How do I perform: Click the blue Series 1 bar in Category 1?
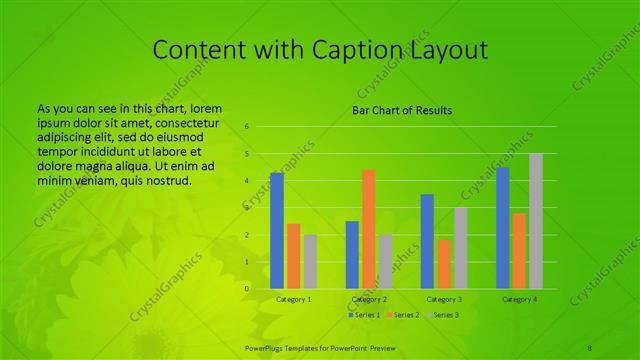(x=277, y=230)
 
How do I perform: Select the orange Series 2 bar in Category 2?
(x=369, y=229)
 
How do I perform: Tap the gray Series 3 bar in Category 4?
(x=536, y=221)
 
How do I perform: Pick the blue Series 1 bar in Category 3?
(x=427, y=241)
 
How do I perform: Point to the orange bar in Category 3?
(x=444, y=264)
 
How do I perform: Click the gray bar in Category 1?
(x=310, y=262)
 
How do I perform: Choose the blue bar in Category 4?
(x=503, y=227)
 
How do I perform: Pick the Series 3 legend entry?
(x=441, y=315)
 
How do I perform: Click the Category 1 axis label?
(x=293, y=299)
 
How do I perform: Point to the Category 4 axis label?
(x=519, y=299)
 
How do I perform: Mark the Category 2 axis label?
(x=369, y=299)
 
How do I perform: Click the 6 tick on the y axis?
(x=246, y=127)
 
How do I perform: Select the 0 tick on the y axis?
(x=246, y=289)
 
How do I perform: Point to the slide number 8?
(x=590, y=346)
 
